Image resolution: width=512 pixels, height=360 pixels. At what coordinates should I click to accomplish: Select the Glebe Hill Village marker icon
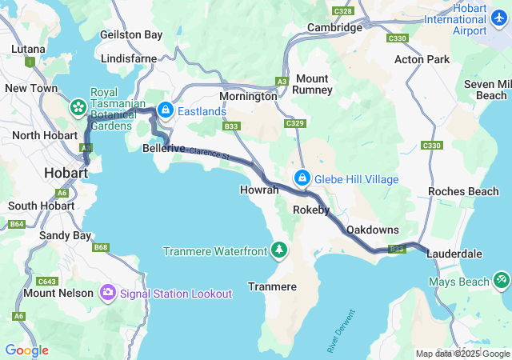302,178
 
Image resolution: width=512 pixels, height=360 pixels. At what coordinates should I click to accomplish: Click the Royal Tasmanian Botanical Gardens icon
78,106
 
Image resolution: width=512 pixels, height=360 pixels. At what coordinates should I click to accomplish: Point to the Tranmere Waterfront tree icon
279,250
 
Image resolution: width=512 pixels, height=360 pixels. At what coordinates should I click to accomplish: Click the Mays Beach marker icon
501,281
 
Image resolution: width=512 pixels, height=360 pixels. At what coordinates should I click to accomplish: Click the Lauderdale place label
454,254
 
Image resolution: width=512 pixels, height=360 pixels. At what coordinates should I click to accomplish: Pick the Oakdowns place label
372,230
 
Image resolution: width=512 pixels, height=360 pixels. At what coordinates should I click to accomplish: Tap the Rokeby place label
311,210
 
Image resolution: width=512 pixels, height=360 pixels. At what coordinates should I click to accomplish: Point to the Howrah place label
259,190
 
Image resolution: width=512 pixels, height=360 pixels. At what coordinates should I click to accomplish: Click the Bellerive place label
163,149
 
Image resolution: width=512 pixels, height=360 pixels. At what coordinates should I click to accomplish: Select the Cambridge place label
335,27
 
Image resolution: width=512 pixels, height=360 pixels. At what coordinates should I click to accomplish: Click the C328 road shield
343,11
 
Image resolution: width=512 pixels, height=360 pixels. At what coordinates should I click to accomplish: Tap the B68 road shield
100,247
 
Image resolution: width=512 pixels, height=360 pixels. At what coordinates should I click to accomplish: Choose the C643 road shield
47,281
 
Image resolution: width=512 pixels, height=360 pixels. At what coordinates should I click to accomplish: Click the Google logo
26,350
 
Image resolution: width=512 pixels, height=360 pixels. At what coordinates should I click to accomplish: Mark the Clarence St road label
210,153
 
